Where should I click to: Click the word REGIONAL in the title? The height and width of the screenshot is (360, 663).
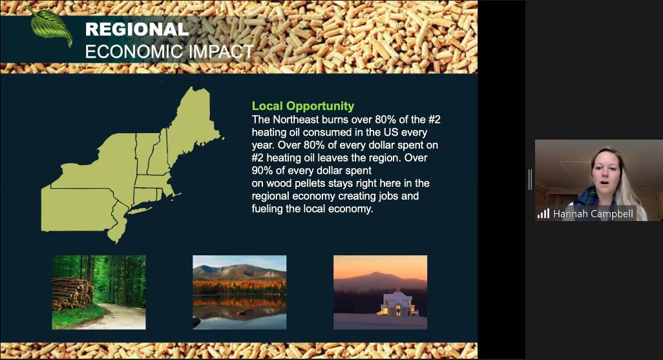(x=136, y=29)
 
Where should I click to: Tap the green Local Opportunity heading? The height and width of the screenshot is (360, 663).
(x=302, y=106)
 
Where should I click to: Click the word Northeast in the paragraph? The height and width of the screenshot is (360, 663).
(x=299, y=120)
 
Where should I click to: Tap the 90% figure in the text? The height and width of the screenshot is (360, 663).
(x=263, y=171)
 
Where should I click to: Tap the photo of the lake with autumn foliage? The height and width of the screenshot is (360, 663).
(x=239, y=292)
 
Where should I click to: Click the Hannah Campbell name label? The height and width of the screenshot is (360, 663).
(x=593, y=213)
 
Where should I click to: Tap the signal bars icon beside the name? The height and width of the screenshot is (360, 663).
(x=543, y=213)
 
